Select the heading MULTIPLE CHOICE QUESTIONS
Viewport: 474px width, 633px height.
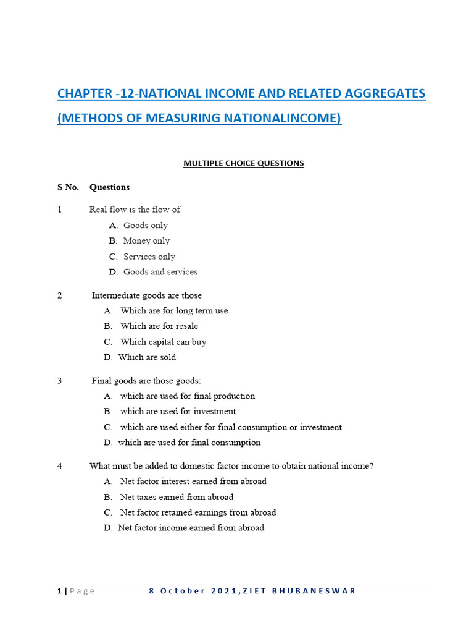coord(244,163)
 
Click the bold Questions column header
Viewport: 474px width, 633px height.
coord(109,187)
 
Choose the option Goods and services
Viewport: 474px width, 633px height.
coord(160,272)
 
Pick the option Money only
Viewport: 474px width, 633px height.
coord(146,240)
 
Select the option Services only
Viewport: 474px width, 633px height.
coord(149,257)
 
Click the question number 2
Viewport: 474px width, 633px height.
coord(60,295)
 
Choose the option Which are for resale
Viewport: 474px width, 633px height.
coord(159,326)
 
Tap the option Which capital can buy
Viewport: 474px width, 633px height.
coord(164,342)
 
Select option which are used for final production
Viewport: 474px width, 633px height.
coord(188,396)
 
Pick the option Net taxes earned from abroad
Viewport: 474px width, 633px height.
coord(177,497)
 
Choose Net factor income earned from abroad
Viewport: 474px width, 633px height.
coord(191,528)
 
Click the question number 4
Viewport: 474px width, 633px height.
coord(60,466)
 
